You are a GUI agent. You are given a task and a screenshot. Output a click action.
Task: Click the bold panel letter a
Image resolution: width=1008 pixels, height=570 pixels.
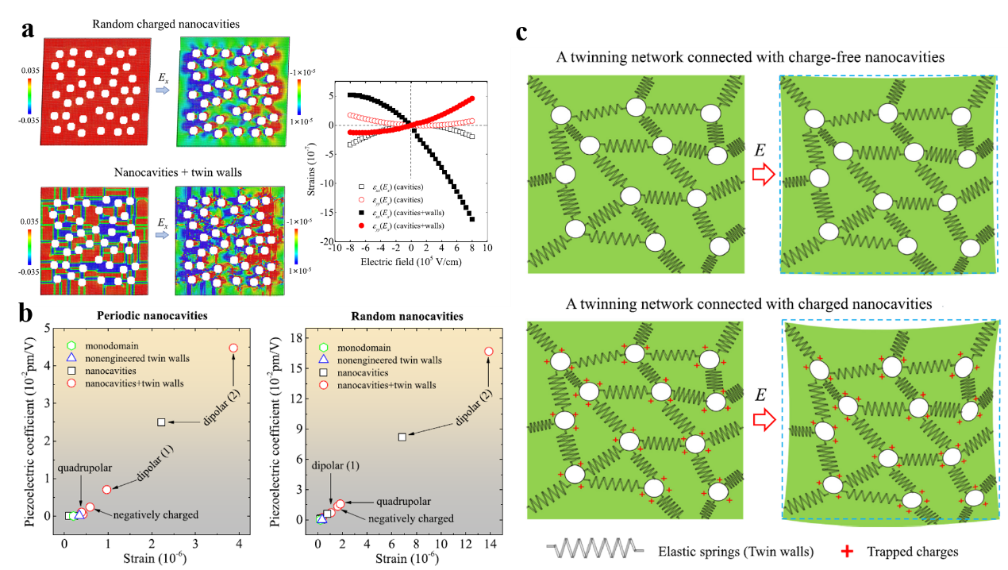pyautogui.click(x=29, y=30)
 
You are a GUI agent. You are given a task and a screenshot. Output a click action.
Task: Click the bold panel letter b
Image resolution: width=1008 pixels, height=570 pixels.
pyautogui.click(x=25, y=314)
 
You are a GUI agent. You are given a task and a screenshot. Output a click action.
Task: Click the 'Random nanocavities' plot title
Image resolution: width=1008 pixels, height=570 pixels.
pyautogui.click(x=408, y=316)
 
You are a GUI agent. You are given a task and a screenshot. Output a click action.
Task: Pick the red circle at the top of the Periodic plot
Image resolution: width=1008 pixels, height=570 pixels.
pyautogui.click(x=233, y=348)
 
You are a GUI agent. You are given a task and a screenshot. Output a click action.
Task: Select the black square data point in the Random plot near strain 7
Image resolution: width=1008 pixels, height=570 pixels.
pyautogui.click(x=402, y=437)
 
